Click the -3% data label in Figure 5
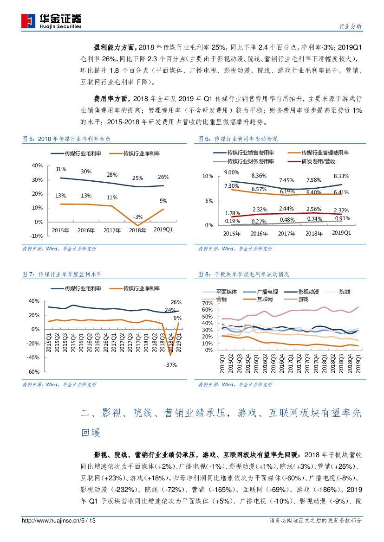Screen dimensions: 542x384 point(137,217)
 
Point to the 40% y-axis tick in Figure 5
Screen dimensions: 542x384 point(37,166)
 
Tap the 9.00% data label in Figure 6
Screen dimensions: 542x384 point(231,173)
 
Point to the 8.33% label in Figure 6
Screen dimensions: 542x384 point(341,176)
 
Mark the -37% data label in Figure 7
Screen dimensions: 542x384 point(170,365)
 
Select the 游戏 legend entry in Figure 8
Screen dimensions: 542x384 point(303,300)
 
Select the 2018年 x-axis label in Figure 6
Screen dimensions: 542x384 point(314,234)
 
